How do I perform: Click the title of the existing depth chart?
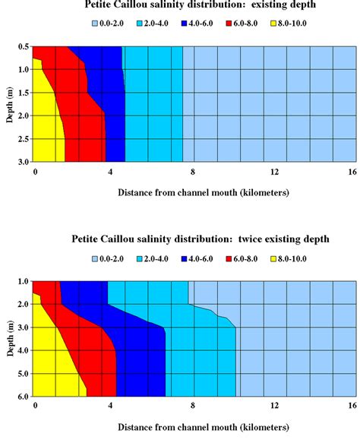pyautogui.click(x=201, y=7)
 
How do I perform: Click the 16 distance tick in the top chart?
pyautogui.click(x=352, y=171)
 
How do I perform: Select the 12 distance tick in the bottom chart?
pyautogui.click(x=274, y=406)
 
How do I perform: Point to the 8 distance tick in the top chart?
pyautogui.click(x=193, y=171)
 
